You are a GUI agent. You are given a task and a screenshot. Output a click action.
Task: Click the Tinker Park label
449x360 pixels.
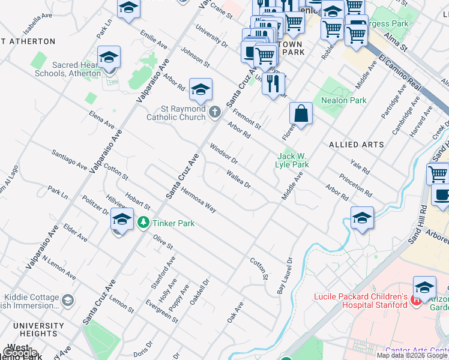(x=173, y=223)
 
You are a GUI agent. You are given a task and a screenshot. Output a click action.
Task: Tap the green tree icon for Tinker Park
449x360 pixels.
(x=143, y=223)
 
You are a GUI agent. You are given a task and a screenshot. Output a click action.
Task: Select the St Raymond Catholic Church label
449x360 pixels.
(x=176, y=113)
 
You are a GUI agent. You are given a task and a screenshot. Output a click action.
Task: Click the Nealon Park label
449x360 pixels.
(x=343, y=100)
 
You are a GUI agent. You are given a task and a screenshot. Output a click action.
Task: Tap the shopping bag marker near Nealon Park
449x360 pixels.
(x=301, y=113)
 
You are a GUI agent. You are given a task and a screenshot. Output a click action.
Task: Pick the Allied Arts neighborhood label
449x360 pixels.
(x=357, y=145)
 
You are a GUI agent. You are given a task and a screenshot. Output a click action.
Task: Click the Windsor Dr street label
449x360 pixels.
(x=224, y=154)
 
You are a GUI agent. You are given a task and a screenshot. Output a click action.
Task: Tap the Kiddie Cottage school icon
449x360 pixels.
(x=68, y=299)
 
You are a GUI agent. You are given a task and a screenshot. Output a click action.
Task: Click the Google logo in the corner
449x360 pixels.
(x=19, y=353)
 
